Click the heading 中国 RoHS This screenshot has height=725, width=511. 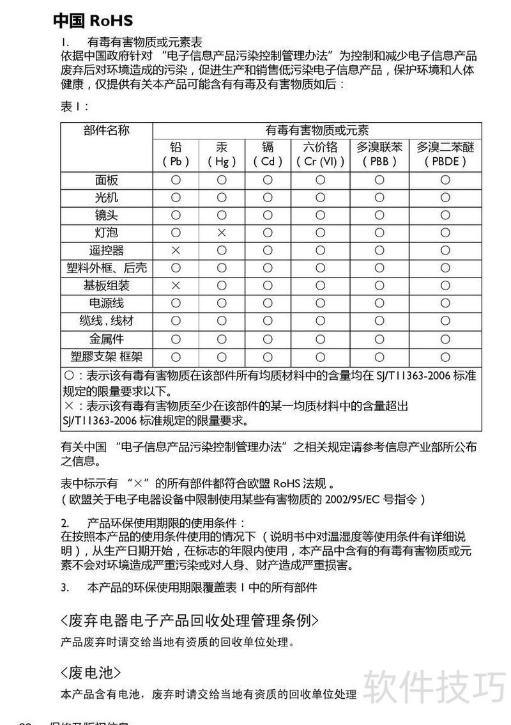pos(93,21)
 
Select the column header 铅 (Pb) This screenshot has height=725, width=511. pos(176,154)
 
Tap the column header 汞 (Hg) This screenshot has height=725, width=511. pos(222,154)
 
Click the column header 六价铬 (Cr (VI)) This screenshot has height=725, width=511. pos(320,154)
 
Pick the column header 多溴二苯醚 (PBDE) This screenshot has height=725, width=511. pos(445,154)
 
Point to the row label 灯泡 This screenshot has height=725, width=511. pos(107,233)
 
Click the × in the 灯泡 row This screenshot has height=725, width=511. pos(222,233)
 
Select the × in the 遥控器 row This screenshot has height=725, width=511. pos(176,251)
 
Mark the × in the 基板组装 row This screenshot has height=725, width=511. pos(176,286)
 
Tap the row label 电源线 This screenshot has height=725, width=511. pos(107,303)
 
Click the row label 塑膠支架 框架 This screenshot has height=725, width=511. pos(107,356)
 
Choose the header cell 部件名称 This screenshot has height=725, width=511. pos(107,130)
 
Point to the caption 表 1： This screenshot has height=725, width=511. pos(75,107)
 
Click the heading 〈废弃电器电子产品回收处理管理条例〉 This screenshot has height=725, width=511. pos(189,620)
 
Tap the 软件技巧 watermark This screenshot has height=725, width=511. pos(434,687)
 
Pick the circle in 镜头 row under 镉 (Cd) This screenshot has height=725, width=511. pos(268,215)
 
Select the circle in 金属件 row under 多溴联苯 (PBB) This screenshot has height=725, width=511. pos(379,338)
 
